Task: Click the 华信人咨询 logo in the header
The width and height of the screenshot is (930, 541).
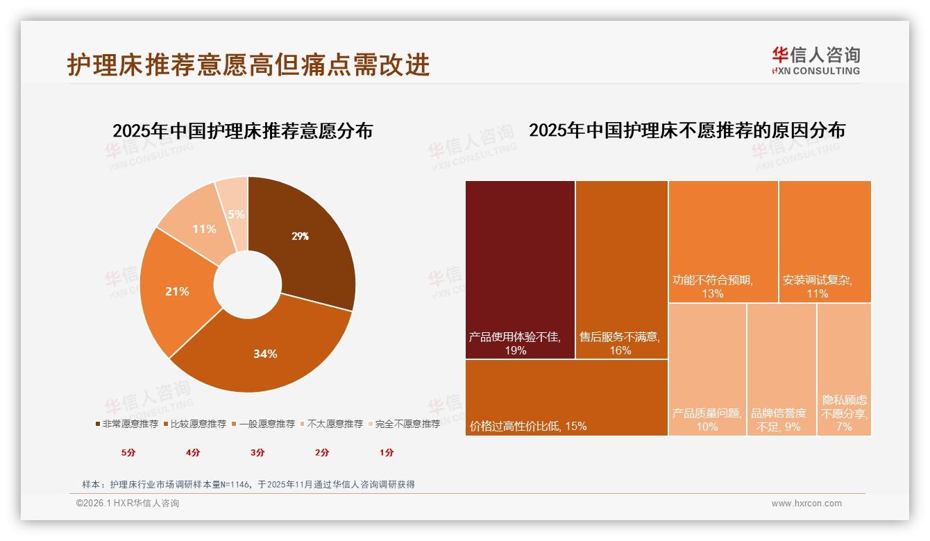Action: (x=815, y=60)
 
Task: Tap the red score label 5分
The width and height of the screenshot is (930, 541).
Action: (x=128, y=453)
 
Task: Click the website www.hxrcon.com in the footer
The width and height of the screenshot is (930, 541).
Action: (x=806, y=504)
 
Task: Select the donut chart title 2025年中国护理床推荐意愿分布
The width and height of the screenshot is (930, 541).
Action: (x=242, y=130)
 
